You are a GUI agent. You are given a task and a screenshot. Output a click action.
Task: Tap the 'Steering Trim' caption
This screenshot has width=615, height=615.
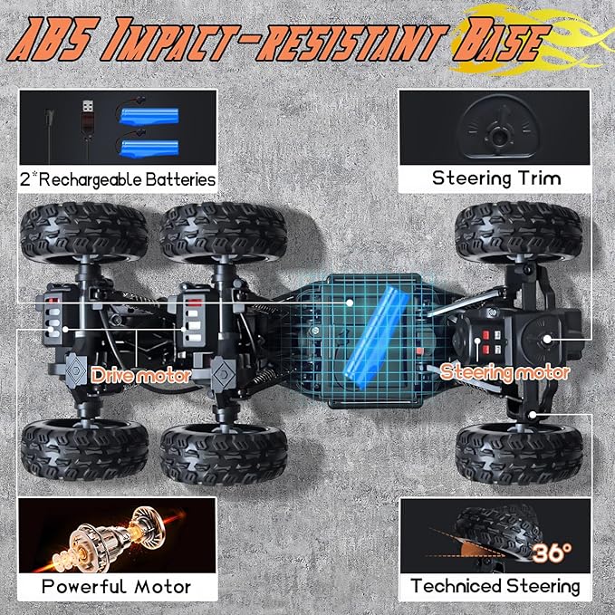coord(496,178)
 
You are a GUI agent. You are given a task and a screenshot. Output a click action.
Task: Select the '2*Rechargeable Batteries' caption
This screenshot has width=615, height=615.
coord(118,179)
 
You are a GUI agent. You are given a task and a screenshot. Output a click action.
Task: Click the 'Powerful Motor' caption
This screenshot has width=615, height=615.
coord(117,586)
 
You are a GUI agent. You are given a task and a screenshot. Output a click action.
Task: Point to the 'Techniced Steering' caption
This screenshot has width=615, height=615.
coord(495,586)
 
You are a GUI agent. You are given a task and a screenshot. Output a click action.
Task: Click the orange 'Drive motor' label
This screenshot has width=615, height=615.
coord(141,376)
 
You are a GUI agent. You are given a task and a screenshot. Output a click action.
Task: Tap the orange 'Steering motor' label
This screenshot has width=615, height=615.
coord(504,372)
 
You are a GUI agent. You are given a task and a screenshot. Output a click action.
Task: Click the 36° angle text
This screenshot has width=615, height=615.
coord(552,553)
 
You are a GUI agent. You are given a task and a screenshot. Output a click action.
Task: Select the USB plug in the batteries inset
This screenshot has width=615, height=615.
coord(88,117)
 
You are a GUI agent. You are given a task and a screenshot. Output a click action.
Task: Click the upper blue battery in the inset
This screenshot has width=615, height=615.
coord(149,117)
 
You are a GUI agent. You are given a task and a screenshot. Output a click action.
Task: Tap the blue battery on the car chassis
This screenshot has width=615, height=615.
coord(378,337)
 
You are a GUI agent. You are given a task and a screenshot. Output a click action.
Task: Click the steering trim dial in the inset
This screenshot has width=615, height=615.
coord(498,127)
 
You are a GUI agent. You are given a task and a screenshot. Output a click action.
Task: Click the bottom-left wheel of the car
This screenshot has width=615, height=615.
coord(84,450)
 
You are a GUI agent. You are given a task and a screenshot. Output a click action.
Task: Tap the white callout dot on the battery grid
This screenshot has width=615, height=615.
coord(350,303)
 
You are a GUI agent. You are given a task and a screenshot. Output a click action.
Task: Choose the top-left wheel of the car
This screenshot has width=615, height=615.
coord(84,232)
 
